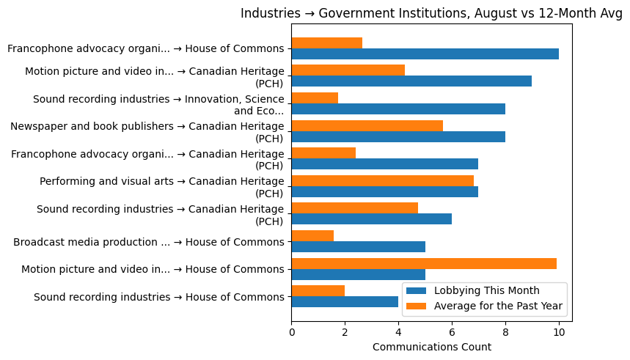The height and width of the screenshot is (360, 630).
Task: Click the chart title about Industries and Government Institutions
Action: pyautogui.click(x=431, y=13)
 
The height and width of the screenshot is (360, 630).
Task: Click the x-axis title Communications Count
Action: pyautogui.click(x=431, y=347)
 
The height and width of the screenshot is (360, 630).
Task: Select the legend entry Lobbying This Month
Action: pyautogui.click(x=486, y=290)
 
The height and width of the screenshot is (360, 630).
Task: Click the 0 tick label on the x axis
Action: pyautogui.click(x=292, y=332)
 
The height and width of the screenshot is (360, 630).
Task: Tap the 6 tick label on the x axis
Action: pyautogui.click(x=452, y=332)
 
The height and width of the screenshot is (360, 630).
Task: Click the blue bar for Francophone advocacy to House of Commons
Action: pyautogui.click(x=425, y=54)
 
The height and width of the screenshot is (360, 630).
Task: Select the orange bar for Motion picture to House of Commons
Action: pyautogui.click(x=424, y=263)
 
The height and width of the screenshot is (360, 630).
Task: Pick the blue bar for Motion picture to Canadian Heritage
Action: pyautogui.click(x=411, y=81)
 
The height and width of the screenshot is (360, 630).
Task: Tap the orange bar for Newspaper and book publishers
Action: pyautogui.click(x=367, y=125)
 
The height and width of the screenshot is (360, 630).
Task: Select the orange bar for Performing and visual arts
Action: pyautogui.click(x=382, y=180)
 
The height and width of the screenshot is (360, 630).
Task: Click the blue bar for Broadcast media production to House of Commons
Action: pyautogui.click(x=358, y=247)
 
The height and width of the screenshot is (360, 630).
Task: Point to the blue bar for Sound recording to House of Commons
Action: pyautogui.click(x=345, y=302)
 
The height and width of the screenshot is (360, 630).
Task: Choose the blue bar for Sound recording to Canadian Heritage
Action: pyautogui.click(x=371, y=219)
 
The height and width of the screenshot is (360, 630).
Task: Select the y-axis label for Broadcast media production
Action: pyautogui.click(x=148, y=242)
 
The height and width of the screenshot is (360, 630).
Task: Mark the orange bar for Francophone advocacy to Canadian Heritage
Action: pyautogui.click(x=323, y=153)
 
